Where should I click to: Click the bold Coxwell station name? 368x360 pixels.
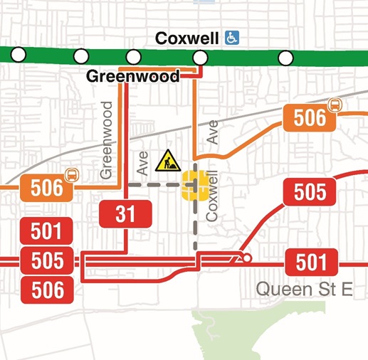[188, 37]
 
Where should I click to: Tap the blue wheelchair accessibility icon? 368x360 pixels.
[231, 37]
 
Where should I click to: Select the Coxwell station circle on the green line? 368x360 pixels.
[201, 57]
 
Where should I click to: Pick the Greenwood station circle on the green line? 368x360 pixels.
[133, 57]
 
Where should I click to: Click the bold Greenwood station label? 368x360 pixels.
[132, 76]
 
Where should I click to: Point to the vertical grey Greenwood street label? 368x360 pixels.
[107, 139]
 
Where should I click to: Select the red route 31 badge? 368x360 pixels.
[126, 213]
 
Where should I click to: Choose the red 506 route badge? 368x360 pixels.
[47, 290]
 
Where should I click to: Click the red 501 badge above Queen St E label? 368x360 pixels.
[310, 262]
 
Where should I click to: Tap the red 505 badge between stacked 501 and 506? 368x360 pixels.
[47, 260]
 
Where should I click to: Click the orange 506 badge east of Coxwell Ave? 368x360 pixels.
[310, 117]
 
